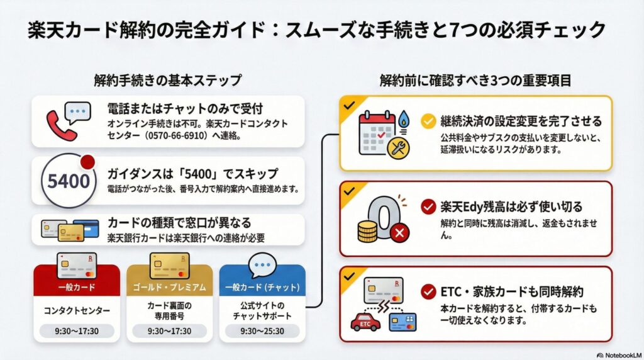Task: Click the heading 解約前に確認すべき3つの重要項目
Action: click(475, 81)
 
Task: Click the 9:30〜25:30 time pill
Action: click(262, 330)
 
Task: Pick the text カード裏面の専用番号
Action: click(169, 310)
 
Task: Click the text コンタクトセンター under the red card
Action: click(76, 310)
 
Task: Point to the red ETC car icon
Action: click(365, 321)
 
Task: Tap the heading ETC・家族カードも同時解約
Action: click(513, 291)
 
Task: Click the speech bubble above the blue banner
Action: click(262, 266)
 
